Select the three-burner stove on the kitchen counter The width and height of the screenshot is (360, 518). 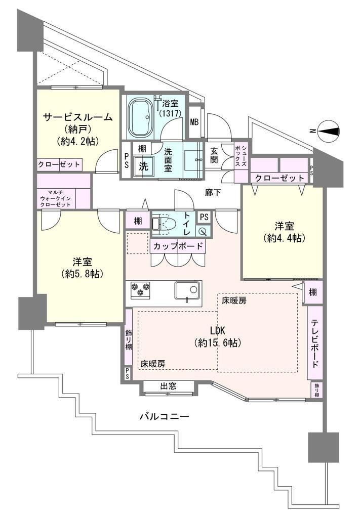coord(140,289)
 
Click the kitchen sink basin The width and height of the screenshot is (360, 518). coord(187,292)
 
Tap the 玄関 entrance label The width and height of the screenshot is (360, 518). coord(214,155)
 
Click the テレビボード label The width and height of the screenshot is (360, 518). coord(315,343)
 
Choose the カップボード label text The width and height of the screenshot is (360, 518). coord(178,246)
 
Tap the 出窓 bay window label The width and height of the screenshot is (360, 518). coord(168,386)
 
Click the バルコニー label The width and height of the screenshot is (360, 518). coord(164,416)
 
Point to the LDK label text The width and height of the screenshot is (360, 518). coord(218,330)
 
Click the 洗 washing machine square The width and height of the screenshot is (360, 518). coord(143,166)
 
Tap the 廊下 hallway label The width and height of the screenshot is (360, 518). coord(213,193)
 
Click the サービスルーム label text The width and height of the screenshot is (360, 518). coord(78,117)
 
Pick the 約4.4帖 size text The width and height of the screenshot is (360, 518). coord(284,238)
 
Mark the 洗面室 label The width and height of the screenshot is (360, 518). coord(168,160)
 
